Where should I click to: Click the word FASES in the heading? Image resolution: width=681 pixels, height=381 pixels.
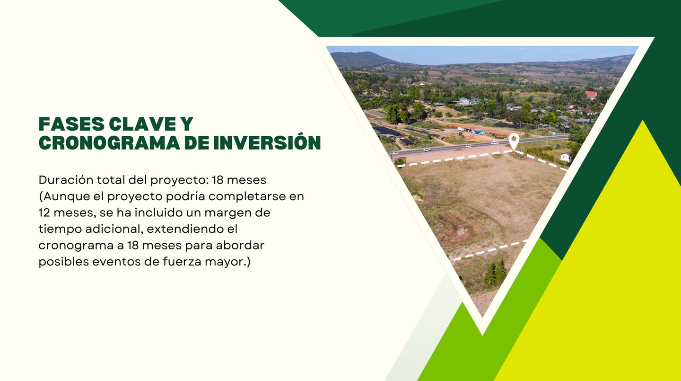71,124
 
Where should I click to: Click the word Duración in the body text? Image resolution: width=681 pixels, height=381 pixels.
66,180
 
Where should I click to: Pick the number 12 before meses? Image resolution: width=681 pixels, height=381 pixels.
44,213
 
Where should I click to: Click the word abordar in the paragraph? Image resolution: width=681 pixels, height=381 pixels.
240,245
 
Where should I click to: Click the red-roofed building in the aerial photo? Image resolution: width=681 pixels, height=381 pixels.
591,95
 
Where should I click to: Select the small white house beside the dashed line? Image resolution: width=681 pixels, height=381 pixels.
566,156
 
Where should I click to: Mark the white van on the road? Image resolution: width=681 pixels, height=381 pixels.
494,142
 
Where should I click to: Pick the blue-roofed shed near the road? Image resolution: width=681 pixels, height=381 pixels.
478,132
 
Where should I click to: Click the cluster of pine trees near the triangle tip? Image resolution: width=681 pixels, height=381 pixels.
496,272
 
